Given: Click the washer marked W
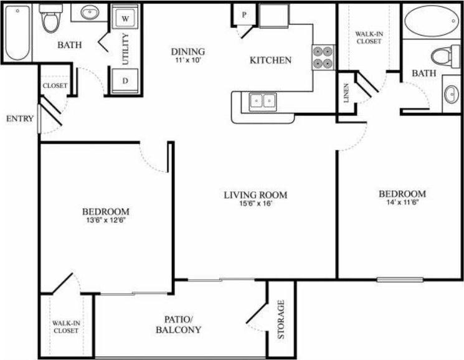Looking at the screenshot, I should point(125,19).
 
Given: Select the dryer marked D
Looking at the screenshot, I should point(125,80).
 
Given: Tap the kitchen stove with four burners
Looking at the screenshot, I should point(323,57).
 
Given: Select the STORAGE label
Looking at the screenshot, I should point(281,320).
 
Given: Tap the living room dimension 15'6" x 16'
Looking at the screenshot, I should point(255,202).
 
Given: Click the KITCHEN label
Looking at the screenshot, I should point(270,60).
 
